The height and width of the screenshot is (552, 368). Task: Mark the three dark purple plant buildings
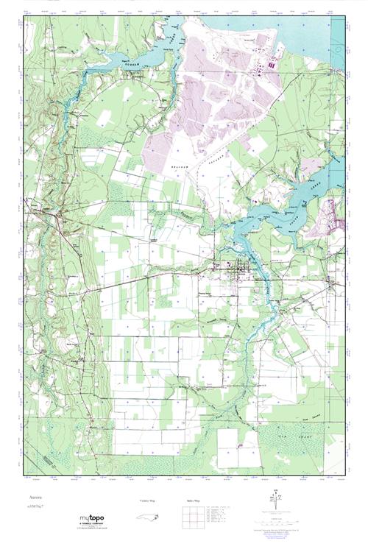click(x=270, y=66)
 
